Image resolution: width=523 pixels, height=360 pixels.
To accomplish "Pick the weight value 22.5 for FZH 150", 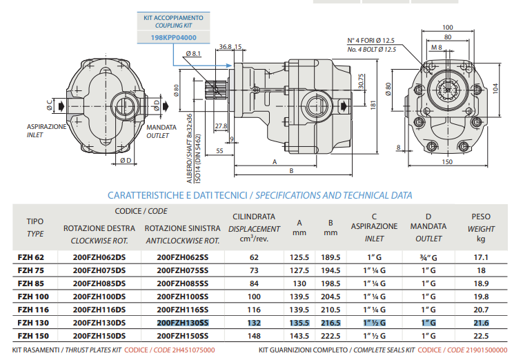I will click(480, 335).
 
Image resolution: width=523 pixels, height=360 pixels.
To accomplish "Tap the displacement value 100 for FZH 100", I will click(254, 296).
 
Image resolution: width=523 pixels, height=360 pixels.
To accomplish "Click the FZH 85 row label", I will click(31, 283).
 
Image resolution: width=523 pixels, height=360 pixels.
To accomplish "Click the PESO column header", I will click(480, 215).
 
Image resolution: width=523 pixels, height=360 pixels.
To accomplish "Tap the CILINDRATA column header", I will click(254, 216).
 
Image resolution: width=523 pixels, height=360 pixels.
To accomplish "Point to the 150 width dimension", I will click(446, 161).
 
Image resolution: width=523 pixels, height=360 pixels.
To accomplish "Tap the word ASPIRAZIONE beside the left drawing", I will click(46, 128).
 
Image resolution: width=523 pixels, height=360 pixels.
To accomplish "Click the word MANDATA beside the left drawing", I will click(160, 128).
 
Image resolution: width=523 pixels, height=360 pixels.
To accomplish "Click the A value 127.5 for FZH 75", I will click(299, 270).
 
